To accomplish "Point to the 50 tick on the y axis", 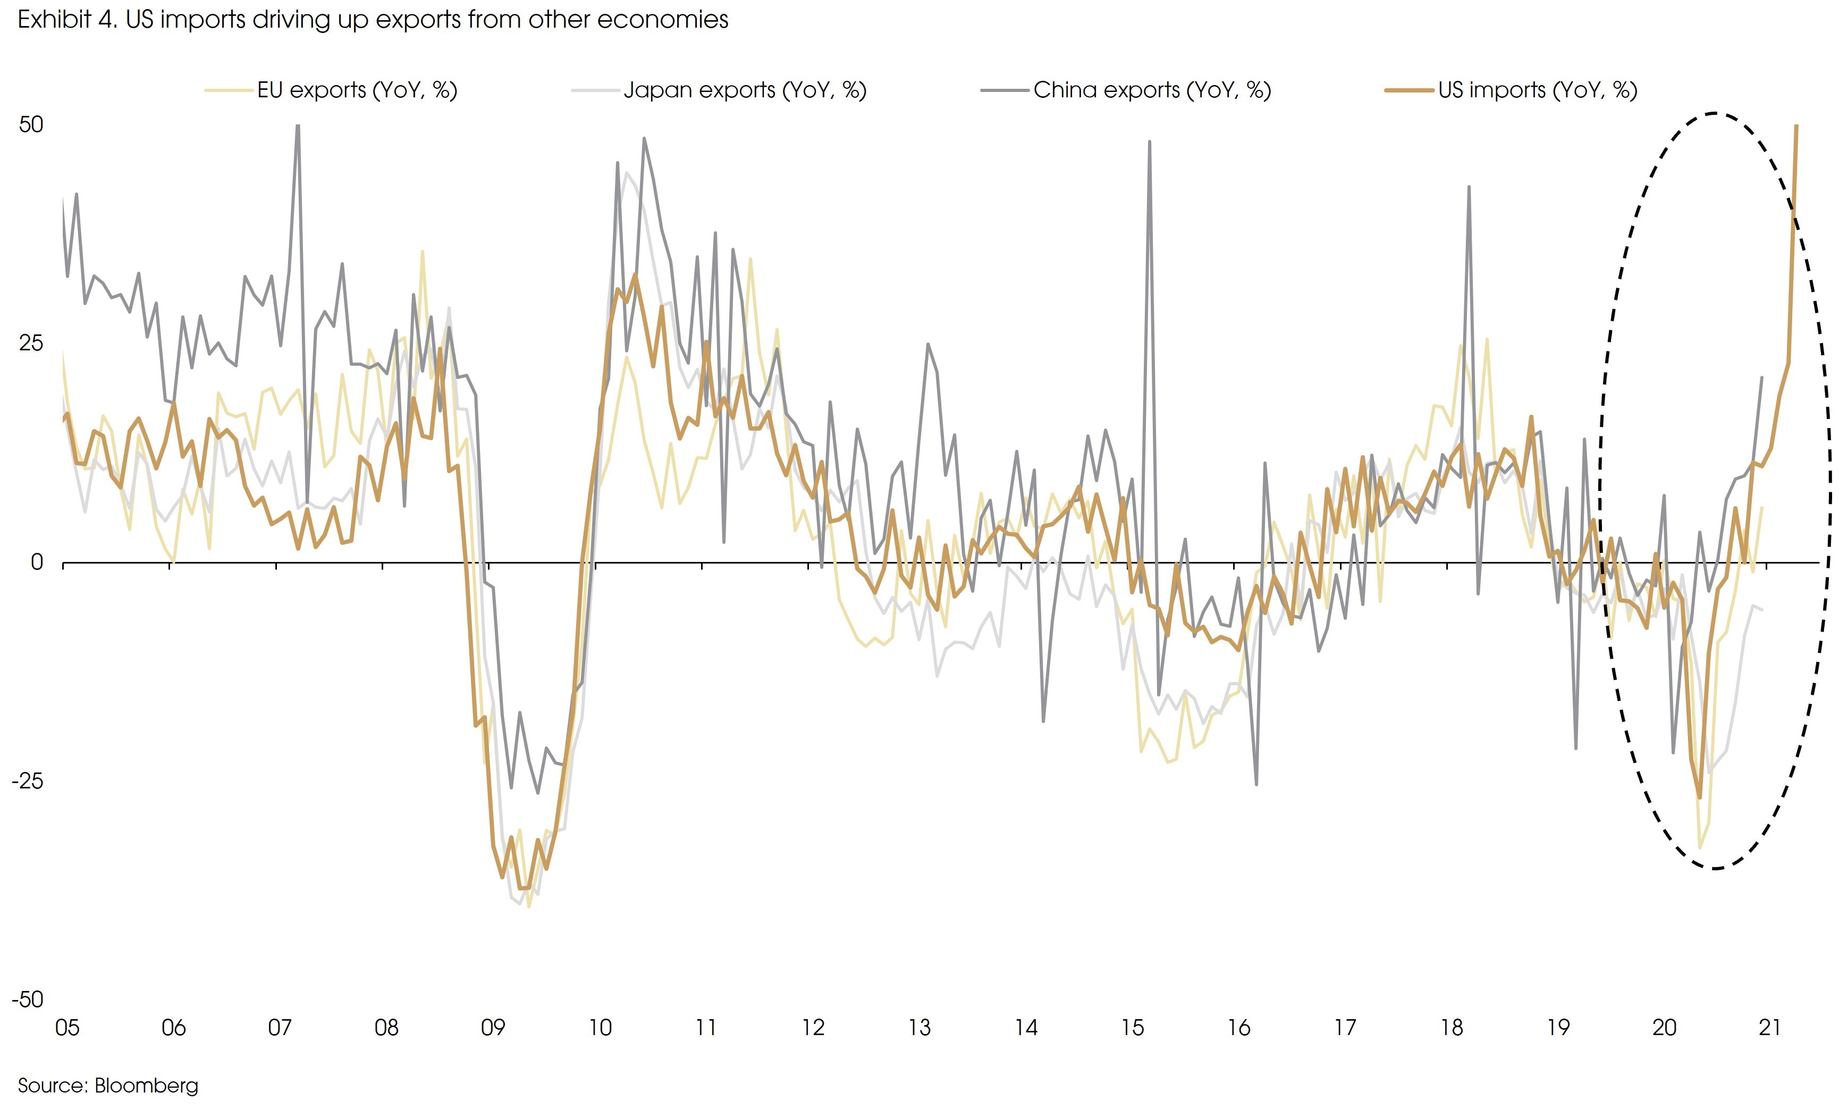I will click(x=31, y=124).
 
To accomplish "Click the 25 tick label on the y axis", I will click(x=31, y=343).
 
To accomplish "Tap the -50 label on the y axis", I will click(x=28, y=999).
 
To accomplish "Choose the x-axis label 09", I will click(x=493, y=1028).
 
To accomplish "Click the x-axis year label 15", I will click(x=1132, y=1028).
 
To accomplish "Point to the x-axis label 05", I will click(x=67, y=1028).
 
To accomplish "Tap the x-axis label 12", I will click(x=813, y=1028).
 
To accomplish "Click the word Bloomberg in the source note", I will click(x=146, y=1085).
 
